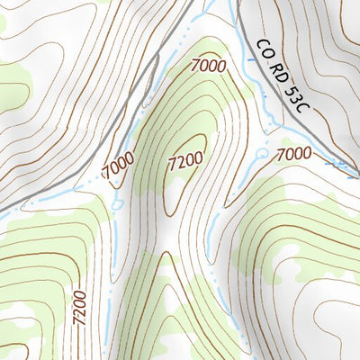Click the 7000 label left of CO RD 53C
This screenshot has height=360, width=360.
(x=209, y=66)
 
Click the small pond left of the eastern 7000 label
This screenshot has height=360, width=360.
(x=262, y=154)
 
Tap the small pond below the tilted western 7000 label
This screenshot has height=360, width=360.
(x=118, y=204)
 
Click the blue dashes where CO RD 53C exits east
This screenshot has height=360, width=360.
(x=342, y=166)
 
